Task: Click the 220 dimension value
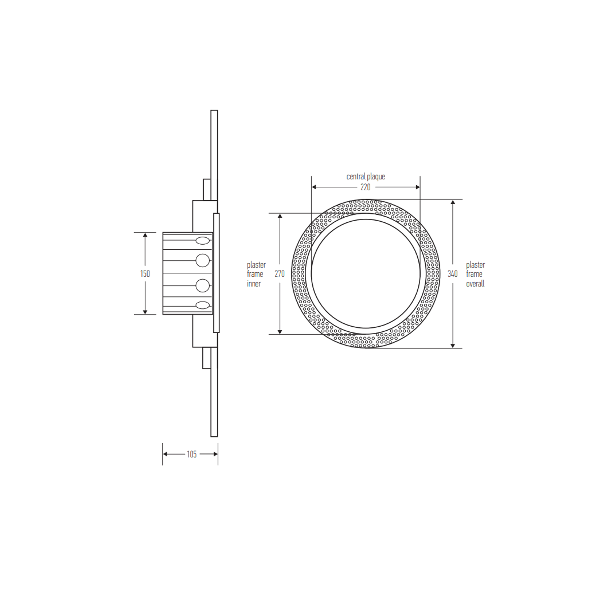(365, 187)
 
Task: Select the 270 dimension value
(280, 274)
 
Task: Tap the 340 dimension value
(453, 274)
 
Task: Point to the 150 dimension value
(145, 274)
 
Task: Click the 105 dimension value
(191, 454)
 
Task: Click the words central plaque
(366, 177)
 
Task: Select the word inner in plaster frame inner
(254, 284)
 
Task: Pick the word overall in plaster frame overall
(475, 284)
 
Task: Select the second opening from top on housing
(203, 260)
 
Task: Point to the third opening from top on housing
(203, 286)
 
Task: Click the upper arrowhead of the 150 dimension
(145, 235)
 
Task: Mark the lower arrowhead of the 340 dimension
(453, 345)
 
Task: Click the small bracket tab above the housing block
(207, 190)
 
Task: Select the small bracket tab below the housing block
(207, 358)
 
